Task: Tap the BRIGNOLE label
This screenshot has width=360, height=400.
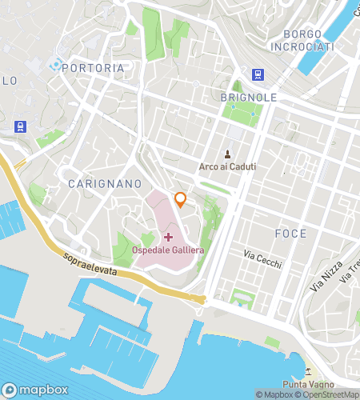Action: coord(248,97)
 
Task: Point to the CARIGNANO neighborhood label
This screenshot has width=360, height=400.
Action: coord(94,183)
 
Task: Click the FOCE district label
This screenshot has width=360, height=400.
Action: coord(290,234)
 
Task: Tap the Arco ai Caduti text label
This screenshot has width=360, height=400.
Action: coord(228,167)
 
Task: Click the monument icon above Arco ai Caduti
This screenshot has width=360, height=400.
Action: coord(228,154)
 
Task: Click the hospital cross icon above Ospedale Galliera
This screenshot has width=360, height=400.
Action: coord(168,237)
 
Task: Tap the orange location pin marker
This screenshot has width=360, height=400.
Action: coord(181,199)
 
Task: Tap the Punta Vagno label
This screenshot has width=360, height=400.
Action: coord(328,383)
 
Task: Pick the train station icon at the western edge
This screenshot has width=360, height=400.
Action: coord(19,126)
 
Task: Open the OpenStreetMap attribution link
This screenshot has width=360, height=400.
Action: coord(327,394)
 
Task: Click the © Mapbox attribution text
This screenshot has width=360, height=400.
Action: coord(274,394)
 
